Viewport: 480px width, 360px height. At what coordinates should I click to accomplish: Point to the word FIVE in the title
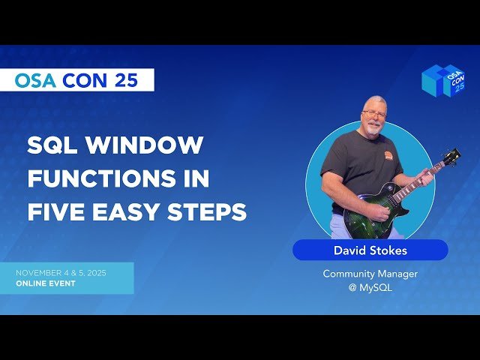tap(55, 213)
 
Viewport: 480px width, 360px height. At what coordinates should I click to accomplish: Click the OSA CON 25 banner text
tap(76, 80)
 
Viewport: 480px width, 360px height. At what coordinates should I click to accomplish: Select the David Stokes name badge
tap(370, 250)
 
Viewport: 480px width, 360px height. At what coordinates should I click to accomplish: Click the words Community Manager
tap(370, 274)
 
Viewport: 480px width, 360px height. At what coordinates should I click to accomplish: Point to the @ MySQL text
tap(370, 287)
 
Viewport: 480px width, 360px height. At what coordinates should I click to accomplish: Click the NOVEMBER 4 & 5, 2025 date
tap(61, 272)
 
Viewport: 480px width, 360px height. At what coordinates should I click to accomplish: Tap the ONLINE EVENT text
tap(46, 283)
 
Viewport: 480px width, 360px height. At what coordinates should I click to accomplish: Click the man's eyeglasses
tap(373, 113)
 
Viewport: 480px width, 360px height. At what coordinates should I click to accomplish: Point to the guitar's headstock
tap(451, 157)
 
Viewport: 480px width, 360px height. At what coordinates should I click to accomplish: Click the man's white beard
tap(373, 127)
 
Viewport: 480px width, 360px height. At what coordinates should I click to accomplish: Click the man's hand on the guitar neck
tap(425, 180)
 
